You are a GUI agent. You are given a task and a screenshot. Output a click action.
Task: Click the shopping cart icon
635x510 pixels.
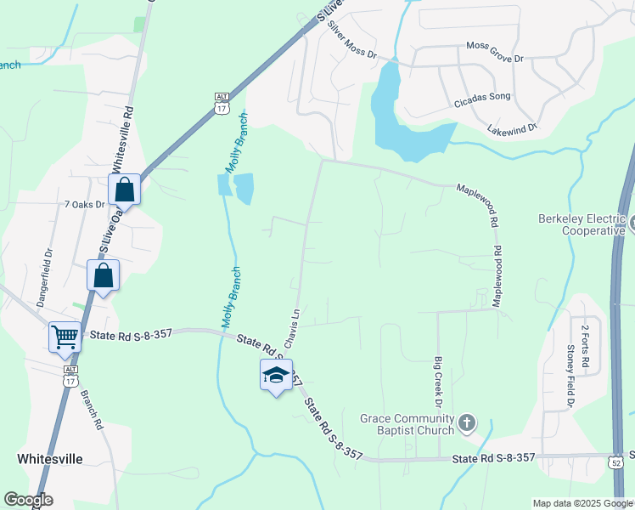(x=65, y=337)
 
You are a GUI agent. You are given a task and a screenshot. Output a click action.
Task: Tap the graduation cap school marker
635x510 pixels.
(x=276, y=375)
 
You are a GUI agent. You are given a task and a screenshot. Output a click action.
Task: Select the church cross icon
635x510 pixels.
(x=466, y=422)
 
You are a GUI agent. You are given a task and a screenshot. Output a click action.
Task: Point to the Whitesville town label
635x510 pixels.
(x=50, y=458)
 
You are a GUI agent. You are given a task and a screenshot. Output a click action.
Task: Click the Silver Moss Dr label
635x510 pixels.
(x=351, y=40)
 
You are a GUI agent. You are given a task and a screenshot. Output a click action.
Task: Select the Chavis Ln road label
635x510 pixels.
(x=293, y=328)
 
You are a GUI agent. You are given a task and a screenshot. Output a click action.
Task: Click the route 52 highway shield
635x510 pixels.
(x=615, y=460)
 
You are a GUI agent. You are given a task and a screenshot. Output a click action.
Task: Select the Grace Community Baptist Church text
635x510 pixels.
(x=407, y=423)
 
